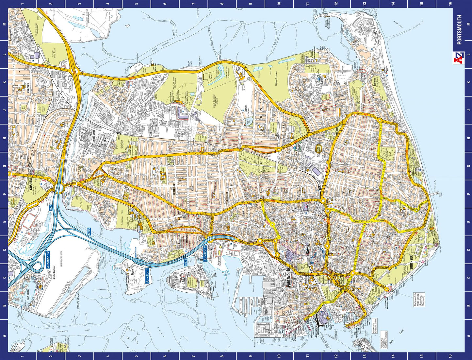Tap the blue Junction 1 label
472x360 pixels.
point(147,275)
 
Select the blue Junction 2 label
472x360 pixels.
point(205,253)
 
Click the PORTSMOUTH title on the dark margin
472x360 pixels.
point(459,30)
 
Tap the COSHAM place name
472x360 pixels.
point(31,184)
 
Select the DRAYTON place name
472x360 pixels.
point(28,88)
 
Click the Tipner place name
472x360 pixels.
point(132,272)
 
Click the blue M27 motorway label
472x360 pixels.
point(51,208)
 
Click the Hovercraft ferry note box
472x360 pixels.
point(419,300)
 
